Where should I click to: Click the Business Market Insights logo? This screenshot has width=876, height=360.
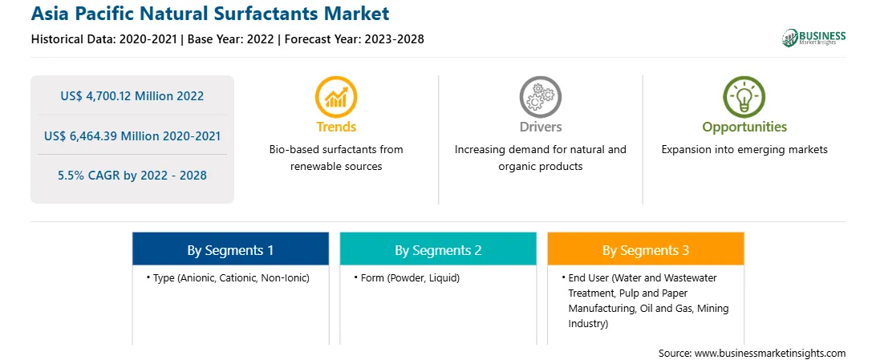[814, 38]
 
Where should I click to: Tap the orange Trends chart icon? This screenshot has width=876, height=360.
[336, 96]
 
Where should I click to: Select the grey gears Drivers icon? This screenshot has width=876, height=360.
[540, 96]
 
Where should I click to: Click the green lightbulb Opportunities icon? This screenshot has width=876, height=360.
[744, 96]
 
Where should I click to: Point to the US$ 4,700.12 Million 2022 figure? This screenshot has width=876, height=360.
[132, 96]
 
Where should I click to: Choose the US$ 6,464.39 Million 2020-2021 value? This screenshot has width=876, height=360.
[132, 136]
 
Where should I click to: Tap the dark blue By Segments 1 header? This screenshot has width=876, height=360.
[231, 251]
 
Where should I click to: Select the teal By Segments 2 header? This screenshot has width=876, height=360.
[438, 251]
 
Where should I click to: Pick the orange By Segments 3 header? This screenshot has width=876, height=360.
[646, 251]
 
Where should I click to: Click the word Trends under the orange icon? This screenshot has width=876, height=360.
[336, 127]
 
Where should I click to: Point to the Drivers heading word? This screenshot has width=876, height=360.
[540, 127]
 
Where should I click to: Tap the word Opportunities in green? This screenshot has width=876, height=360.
[744, 127]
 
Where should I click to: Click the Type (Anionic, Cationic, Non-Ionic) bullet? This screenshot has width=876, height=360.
[228, 277]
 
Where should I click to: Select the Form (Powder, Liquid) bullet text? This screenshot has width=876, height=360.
[407, 277]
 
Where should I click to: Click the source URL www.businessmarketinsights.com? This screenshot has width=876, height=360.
[770, 354]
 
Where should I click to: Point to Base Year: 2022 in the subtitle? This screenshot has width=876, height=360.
[231, 39]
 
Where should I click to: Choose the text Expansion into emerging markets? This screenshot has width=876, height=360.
[744, 150]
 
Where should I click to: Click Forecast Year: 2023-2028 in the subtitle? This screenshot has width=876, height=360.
[352, 39]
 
